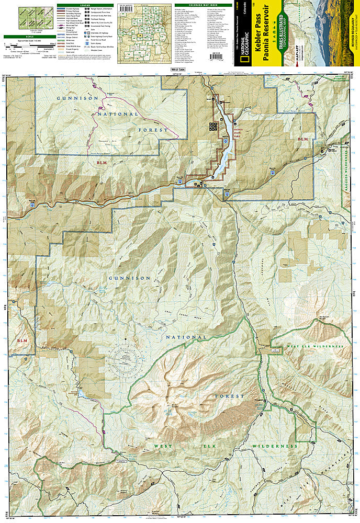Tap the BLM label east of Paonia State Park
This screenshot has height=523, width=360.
pos(302,140)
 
